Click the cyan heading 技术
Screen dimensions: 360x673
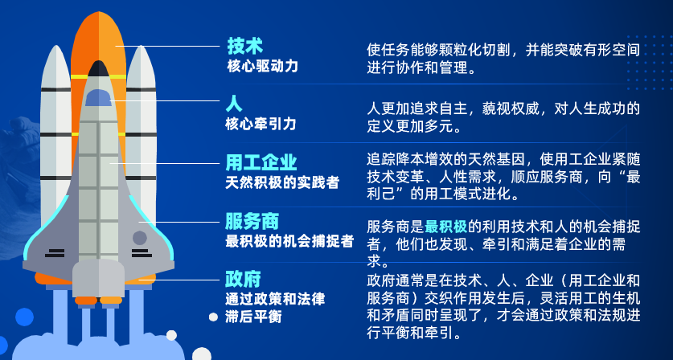point(244,45)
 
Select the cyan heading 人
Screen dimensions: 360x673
point(234,104)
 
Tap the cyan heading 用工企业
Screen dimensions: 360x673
point(261,163)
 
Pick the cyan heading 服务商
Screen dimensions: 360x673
point(252,221)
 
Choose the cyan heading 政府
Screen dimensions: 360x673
point(244,280)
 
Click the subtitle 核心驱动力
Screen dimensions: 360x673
point(262,66)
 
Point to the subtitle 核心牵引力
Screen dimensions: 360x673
point(261,124)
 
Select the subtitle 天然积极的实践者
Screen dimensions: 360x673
point(282,182)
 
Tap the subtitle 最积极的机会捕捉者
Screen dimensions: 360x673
point(289,240)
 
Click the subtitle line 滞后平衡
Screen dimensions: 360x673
point(253,317)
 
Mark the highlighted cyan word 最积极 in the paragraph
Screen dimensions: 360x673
point(446,226)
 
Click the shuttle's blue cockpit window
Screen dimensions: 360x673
point(98,98)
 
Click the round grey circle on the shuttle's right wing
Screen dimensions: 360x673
point(140,238)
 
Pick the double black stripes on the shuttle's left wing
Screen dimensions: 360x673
point(55,253)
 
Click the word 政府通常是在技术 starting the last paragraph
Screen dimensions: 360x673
point(419,280)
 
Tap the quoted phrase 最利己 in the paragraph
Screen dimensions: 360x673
point(384,194)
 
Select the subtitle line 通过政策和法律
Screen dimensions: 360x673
point(275,299)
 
